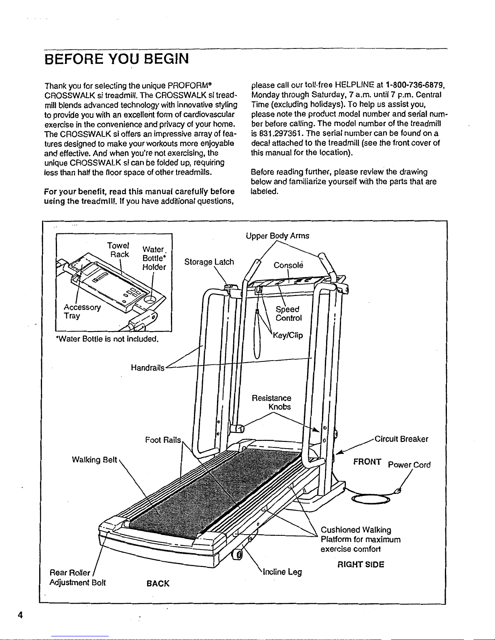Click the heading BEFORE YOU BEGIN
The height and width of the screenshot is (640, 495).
116,59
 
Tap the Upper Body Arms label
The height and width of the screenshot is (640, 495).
277,236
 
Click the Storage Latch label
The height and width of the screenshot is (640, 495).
209,262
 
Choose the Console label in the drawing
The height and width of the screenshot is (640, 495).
288,265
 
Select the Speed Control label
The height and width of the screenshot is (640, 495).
289,313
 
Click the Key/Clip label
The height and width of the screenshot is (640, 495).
288,336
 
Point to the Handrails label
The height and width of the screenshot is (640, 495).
147,367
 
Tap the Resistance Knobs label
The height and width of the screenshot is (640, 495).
272,402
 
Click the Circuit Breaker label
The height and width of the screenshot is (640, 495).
401,439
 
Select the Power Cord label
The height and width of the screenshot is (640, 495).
409,465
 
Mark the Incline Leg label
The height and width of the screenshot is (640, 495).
282,572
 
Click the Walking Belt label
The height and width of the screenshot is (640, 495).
94,460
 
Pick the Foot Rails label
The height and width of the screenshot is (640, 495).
163,440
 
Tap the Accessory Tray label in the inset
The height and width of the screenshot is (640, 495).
82,311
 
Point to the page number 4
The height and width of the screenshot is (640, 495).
20,615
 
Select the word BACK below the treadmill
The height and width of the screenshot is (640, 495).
158,583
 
